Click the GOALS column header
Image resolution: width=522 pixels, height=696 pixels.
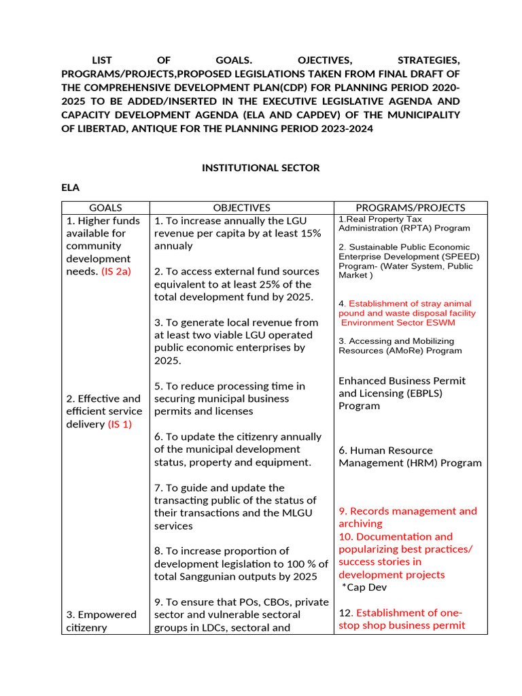105,207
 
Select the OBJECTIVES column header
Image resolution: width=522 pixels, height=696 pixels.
241,207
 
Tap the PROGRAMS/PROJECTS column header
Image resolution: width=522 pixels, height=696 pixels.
411,207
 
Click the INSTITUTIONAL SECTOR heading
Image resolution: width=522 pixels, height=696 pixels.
260,168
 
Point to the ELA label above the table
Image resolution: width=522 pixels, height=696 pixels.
70,187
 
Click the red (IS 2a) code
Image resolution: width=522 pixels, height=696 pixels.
116,271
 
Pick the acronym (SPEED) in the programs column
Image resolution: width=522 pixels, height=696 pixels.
461,256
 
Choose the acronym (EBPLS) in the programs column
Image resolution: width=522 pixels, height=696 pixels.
402,393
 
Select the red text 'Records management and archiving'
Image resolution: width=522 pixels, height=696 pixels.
408,517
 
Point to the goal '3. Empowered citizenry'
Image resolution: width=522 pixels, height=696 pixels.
101,621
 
